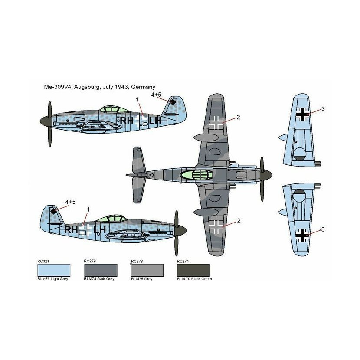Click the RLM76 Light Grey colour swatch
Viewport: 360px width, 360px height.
(54, 270)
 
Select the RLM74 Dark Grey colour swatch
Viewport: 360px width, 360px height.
(101, 270)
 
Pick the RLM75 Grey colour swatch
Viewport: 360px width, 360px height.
(147, 270)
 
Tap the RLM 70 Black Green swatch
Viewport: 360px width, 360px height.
(193, 270)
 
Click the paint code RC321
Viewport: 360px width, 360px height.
(43, 261)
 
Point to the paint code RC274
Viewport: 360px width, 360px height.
(183, 261)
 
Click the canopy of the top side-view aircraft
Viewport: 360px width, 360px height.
(114, 109)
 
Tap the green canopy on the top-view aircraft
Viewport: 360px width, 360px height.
(196, 175)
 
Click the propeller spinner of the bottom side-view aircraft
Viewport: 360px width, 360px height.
(181, 230)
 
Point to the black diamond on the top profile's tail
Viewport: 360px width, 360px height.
(173, 102)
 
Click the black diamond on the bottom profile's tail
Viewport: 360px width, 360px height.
(53, 211)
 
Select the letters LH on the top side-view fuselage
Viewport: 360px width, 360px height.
(155, 120)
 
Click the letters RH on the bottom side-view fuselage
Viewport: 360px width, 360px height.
(71, 229)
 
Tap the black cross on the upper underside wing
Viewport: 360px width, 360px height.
(302, 114)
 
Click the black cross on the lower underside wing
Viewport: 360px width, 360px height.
(302, 236)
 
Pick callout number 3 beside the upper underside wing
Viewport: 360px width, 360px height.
(323, 109)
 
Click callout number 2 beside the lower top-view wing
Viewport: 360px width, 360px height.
(239, 221)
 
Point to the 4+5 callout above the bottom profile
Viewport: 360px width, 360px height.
(71, 202)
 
